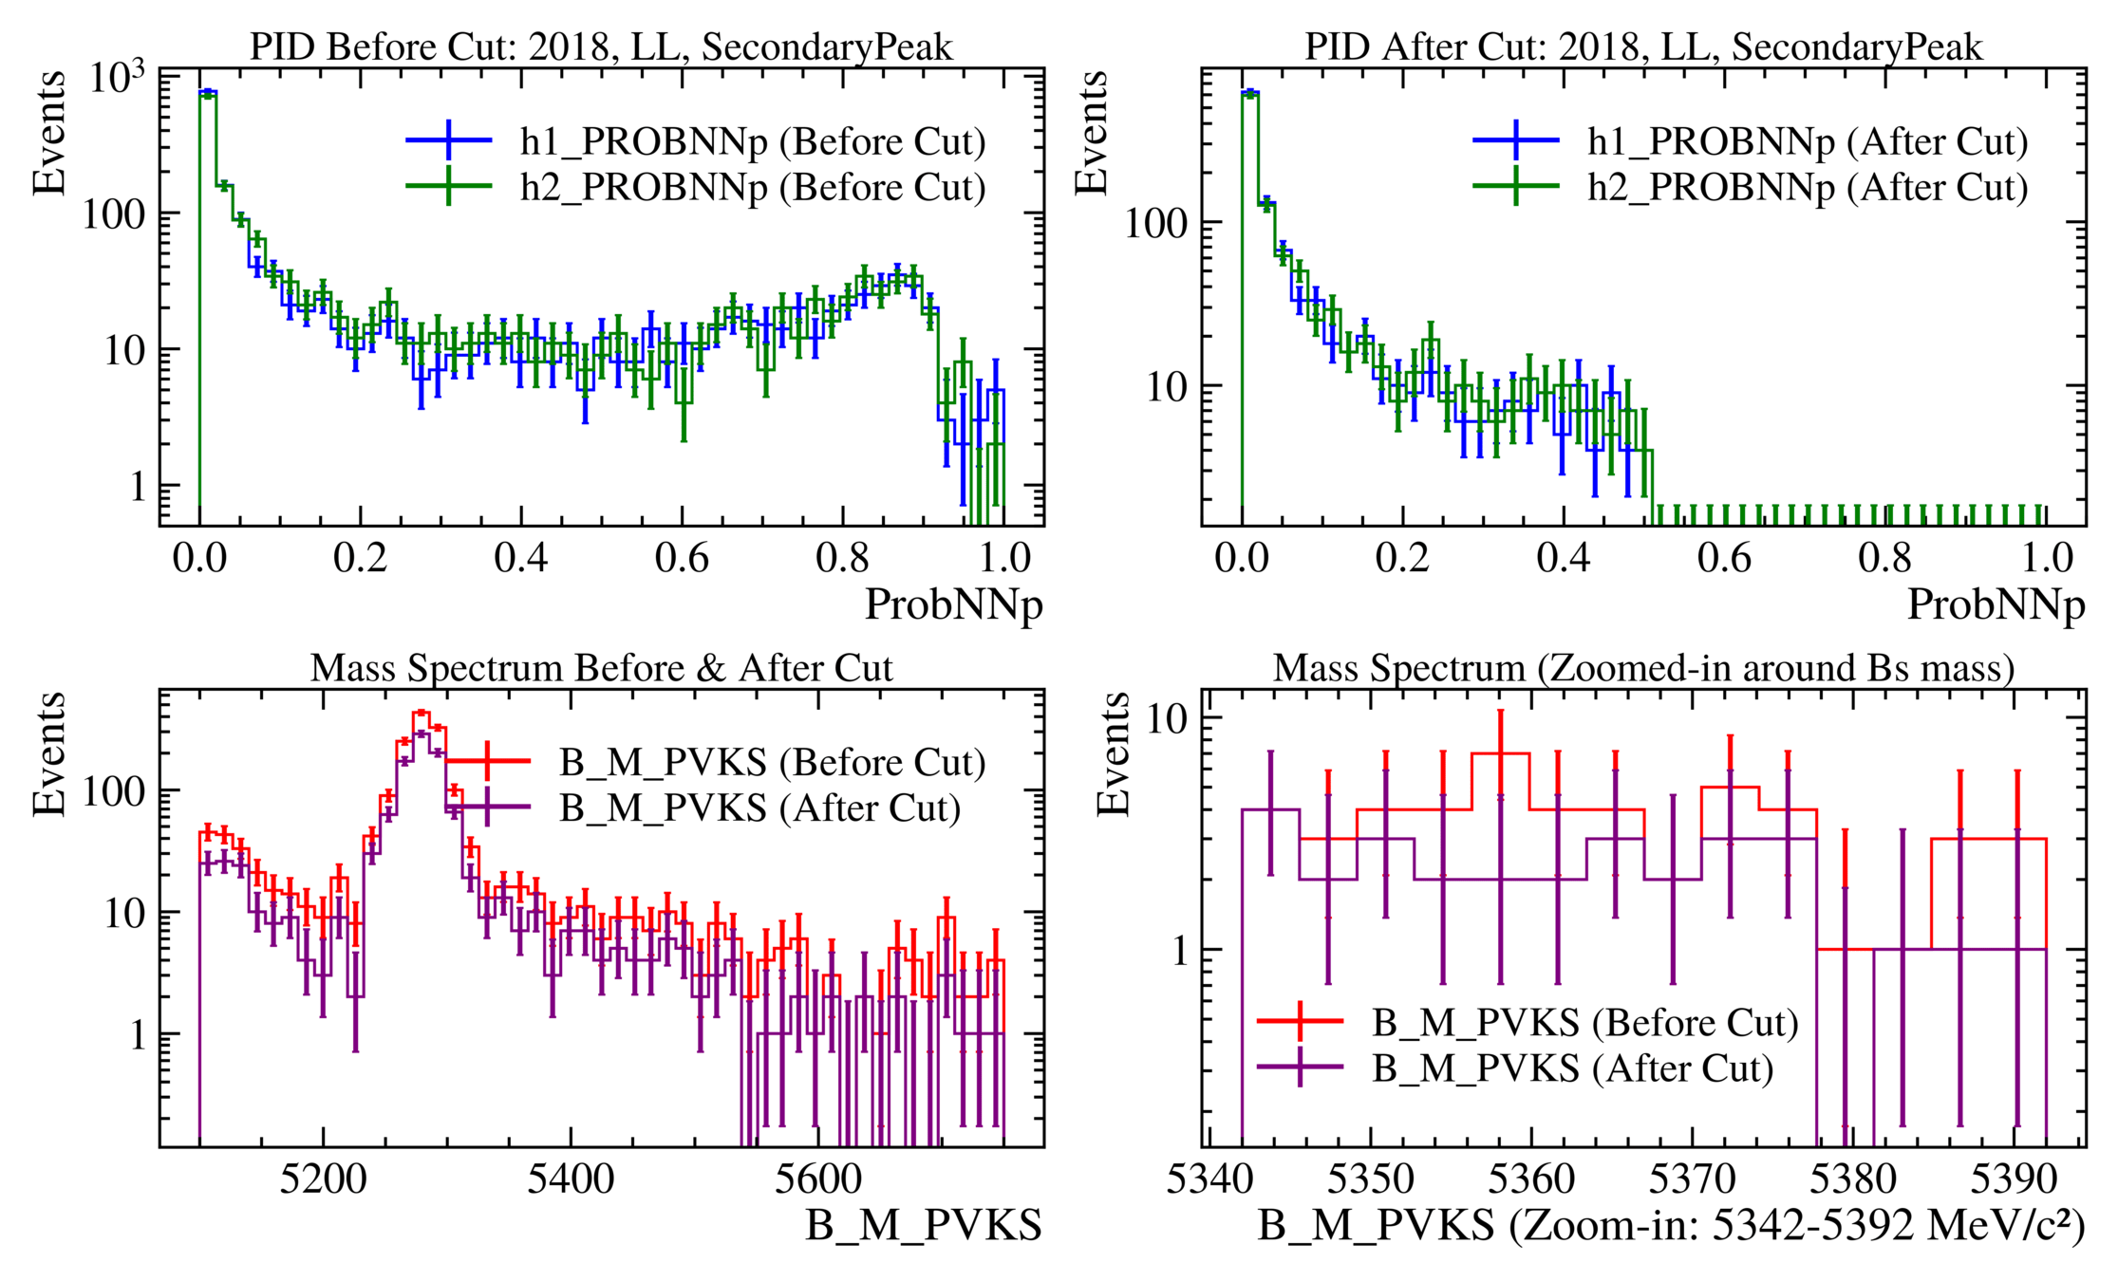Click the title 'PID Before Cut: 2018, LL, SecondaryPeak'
point(601,46)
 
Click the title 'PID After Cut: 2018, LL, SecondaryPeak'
point(1643,46)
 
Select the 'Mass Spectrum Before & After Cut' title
point(601,668)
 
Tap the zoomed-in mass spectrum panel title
point(1643,668)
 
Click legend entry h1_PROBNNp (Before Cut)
point(752,141)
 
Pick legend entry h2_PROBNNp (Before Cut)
point(752,187)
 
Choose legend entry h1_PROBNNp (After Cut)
point(1808,141)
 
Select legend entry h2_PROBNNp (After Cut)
point(1808,187)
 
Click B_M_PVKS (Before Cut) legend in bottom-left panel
point(771,762)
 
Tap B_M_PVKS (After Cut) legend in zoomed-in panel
point(1572,1068)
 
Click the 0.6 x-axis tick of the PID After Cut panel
point(1724,557)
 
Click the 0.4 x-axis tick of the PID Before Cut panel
point(520,557)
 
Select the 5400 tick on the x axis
point(571,1179)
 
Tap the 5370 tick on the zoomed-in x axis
point(1692,1179)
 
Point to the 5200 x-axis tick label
point(323,1179)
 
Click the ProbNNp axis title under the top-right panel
point(1996,604)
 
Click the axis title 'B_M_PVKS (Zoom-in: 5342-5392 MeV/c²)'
point(1671,1226)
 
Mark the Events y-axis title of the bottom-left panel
point(49,754)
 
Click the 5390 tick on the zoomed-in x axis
point(2014,1179)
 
